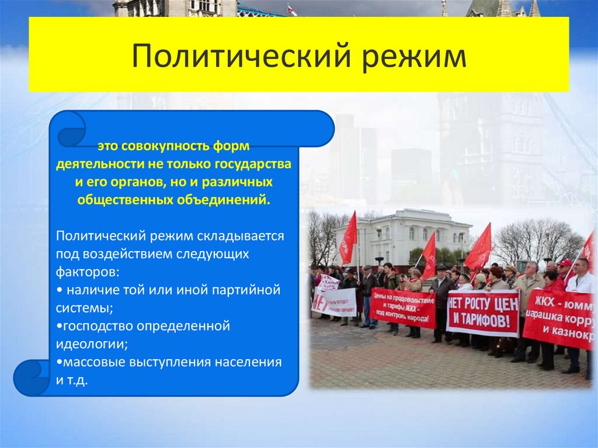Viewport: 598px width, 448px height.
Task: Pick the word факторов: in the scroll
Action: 89,272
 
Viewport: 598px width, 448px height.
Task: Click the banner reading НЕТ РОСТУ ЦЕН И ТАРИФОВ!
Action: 482,312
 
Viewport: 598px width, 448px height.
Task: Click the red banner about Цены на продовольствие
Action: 402,307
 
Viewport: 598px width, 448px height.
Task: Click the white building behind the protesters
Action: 403,234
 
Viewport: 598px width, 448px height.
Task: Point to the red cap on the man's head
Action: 565,263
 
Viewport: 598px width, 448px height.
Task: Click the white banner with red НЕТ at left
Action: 333,301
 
